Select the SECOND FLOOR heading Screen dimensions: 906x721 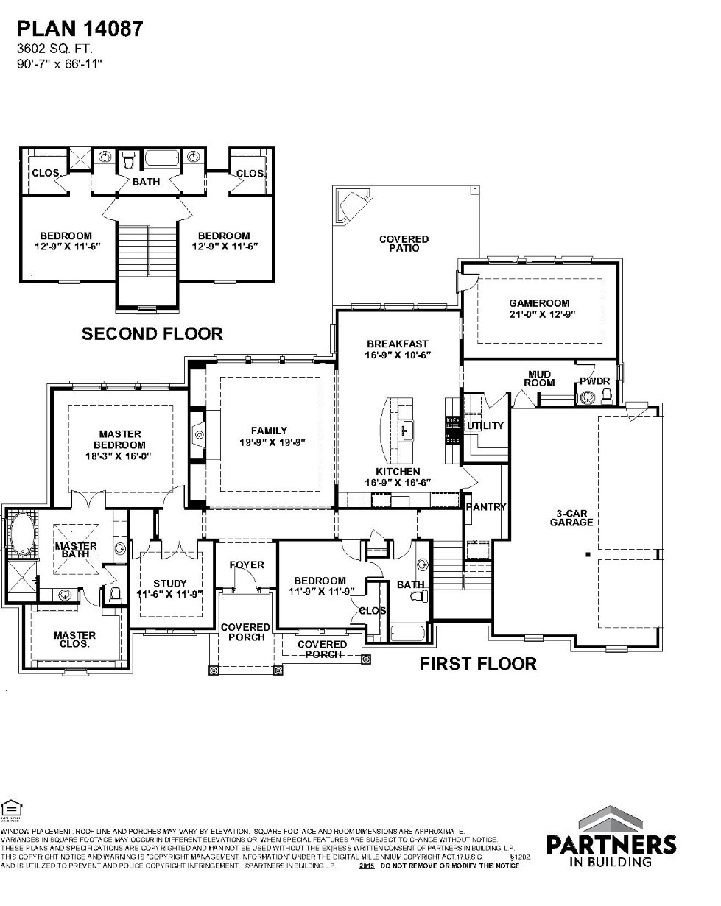point(152,334)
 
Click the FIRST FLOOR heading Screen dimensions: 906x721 point(478,664)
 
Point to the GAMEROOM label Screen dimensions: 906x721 point(539,302)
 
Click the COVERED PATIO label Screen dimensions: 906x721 point(404,244)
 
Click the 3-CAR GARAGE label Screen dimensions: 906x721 point(571,517)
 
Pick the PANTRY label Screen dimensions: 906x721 point(486,506)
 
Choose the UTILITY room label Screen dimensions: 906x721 point(485,425)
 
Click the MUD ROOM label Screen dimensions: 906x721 point(539,378)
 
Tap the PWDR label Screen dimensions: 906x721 point(595,381)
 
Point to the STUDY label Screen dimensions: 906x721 point(170,584)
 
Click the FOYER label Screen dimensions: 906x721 point(246,565)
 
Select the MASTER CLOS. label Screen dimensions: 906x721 point(74,639)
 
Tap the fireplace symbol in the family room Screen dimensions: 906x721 point(199,436)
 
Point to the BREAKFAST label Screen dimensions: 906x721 point(397,344)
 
